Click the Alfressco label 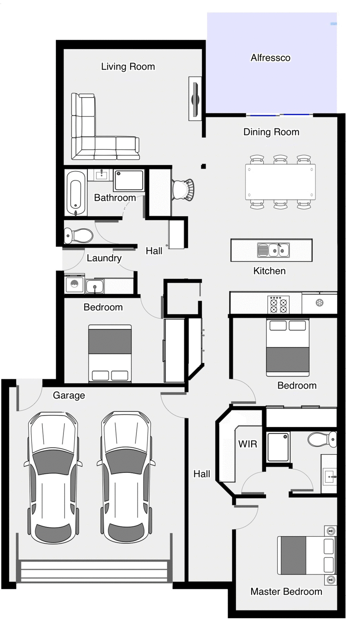tap(270, 58)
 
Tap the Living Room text tap(128, 67)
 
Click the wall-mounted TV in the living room tap(195, 99)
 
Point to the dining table tap(280, 182)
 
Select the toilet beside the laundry tap(78, 235)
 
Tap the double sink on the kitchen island tap(274, 250)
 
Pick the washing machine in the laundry tap(74, 284)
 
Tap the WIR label tap(247, 444)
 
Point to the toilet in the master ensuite tap(322, 440)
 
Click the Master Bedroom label tap(287, 592)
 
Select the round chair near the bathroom tap(183, 189)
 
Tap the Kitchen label tap(270, 271)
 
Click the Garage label tap(69, 395)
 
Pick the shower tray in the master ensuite tap(278, 447)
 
